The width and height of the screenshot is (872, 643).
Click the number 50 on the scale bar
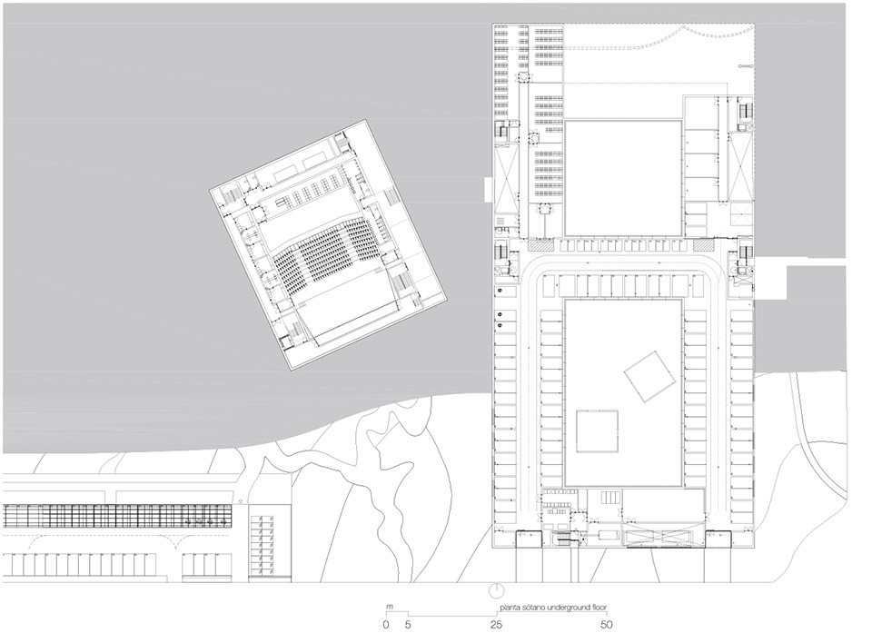click(607, 625)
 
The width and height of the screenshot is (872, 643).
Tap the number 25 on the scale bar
click(496, 625)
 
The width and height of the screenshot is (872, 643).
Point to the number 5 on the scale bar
click(407, 625)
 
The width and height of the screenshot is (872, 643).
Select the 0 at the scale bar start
click(385, 625)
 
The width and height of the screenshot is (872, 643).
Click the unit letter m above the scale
click(388, 607)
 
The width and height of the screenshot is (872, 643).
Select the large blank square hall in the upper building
click(623, 177)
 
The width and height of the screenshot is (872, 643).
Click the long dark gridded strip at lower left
click(118, 515)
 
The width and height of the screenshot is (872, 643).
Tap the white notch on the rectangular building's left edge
click(488, 193)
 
